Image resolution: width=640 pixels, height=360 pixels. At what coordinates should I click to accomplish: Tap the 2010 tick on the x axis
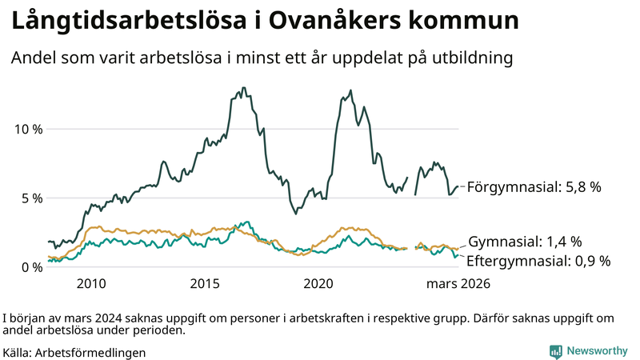coord(91,283)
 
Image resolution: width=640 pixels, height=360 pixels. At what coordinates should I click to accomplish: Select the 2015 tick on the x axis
coord(206,283)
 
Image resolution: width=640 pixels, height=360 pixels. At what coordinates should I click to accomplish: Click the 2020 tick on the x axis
coord(319,283)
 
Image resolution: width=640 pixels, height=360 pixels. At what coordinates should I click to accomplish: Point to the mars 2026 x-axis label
coord(458,283)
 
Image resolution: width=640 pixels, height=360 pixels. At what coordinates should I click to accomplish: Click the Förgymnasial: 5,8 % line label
coord(534,187)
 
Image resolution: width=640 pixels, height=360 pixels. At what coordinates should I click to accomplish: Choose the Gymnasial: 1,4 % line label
coord(524,241)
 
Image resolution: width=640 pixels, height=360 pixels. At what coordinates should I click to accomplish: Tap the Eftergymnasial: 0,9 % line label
coord(538,260)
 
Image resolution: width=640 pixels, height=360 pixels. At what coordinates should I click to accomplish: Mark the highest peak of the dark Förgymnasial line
coord(243,88)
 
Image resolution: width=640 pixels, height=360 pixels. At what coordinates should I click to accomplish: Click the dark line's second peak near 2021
coord(350,90)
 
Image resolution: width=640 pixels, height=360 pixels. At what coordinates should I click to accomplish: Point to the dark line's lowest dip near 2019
coord(295,213)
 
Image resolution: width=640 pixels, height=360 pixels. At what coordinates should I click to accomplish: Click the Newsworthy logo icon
coord(555,350)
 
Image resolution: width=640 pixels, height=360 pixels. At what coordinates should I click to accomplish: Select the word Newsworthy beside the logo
coord(597,350)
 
